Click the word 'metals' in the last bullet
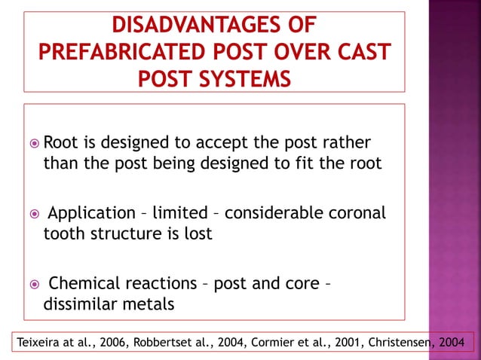pyautogui.click(x=146, y=304)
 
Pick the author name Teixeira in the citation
pyautogui.click(x=40, y=343)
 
